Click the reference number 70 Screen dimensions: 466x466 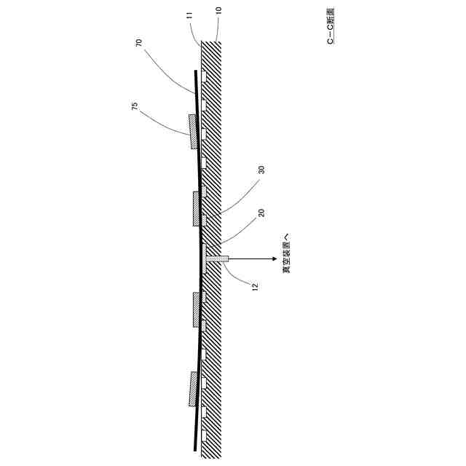click(x=139, y=43)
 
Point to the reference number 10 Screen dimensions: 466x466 click(x=218, y=11)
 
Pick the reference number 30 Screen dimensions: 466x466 click(x=261, y=169)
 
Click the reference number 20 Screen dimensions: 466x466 click(x=261, y=213)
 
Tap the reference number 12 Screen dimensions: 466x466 click(x=255, y=287)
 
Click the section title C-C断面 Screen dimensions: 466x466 click(x=331, y=27)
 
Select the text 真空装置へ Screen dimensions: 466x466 click(x=286, y=253)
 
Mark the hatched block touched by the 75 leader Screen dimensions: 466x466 click(x=194, y=131)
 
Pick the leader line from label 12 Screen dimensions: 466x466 click(x=237, y=275)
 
